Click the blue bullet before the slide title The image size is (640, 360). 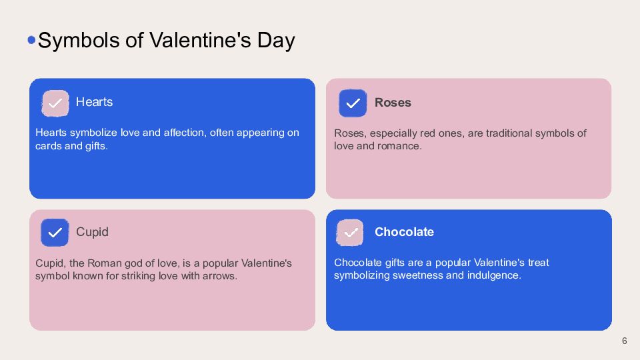coord(31,40)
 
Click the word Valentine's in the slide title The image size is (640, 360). coord(200,41)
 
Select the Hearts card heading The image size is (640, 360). coord(94,102)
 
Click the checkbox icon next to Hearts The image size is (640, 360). coord(55,103)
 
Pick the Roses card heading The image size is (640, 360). coord(393,103)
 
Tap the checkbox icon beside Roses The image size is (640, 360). coord(353,103)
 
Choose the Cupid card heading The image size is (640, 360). coord(92,232)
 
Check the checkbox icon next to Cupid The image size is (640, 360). coord(55,233)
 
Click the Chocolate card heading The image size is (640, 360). coord(404,232)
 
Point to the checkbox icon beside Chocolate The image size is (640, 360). coord(350,233)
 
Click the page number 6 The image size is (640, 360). coord(625,341)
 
